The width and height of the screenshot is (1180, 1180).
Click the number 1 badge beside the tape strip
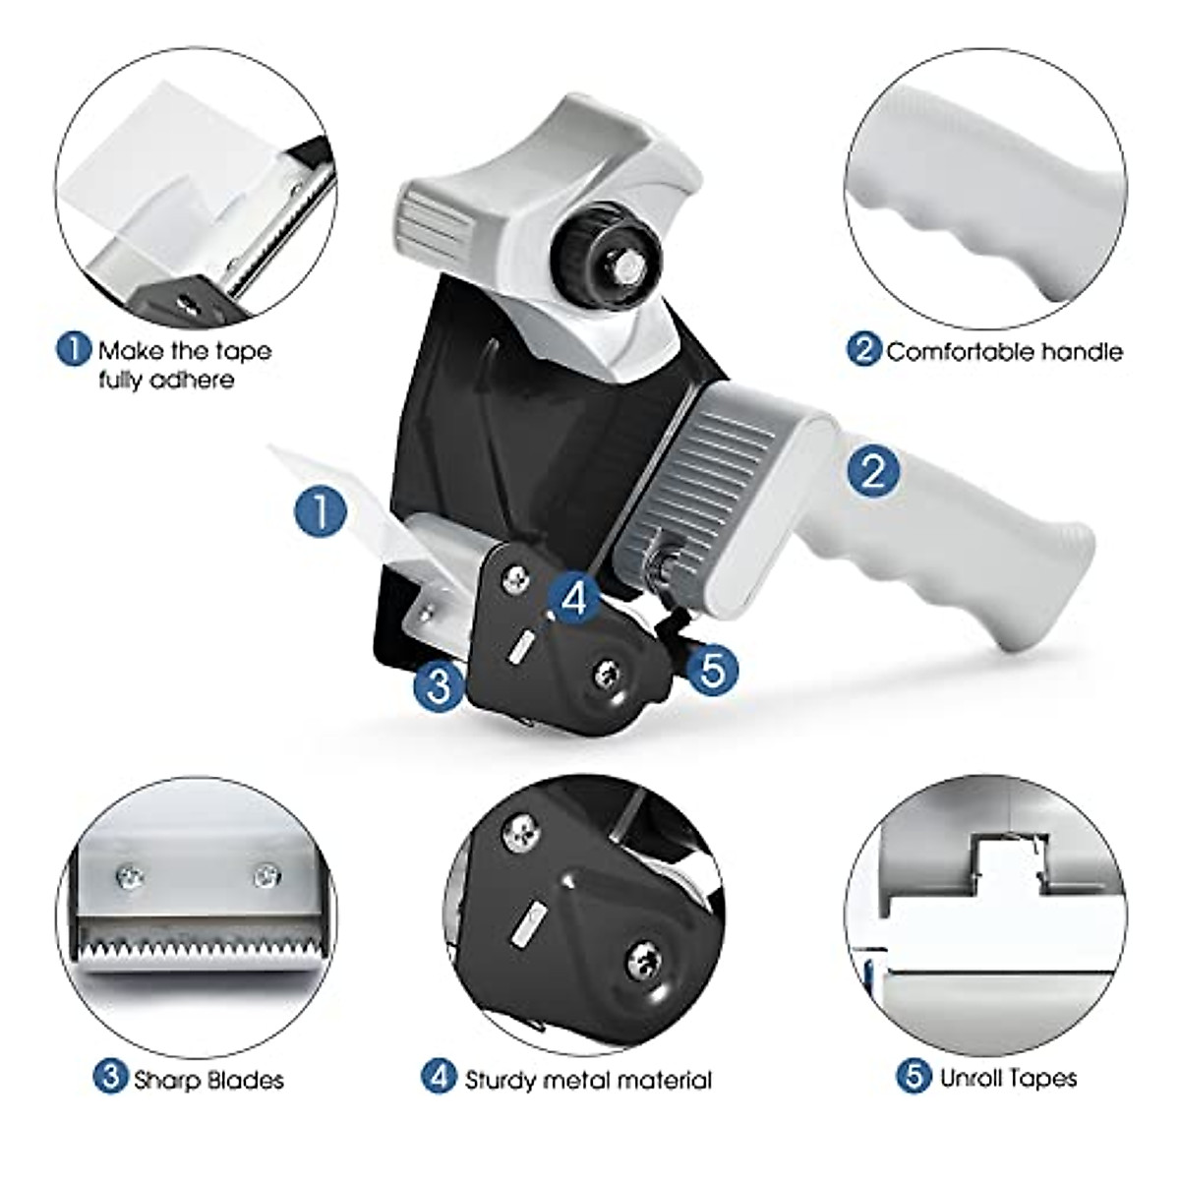322,511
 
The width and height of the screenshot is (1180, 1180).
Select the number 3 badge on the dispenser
438,684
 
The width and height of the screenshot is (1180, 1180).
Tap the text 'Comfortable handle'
1004,351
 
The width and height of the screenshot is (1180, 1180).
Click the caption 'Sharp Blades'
208,1080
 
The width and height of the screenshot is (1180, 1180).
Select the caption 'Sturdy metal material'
588,1080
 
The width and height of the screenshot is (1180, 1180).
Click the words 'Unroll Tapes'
1008,1078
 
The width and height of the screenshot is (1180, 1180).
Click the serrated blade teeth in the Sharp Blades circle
197,951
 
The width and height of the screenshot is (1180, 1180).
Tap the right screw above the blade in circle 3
265,874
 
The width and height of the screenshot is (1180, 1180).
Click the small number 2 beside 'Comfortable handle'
863,350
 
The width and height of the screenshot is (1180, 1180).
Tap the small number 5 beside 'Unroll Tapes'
914,1077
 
